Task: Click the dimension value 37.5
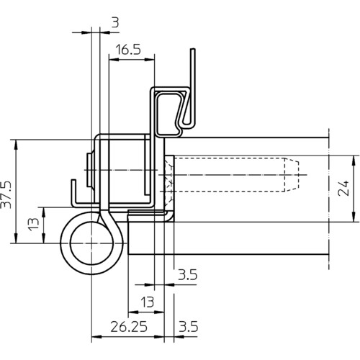tap(6, 194)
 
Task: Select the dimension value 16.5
tap(128, 50)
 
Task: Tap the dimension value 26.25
tap(129, 327)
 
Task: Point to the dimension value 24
tap(343, 188)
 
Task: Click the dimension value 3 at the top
tap(115, 22)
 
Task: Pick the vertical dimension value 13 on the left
tap(33, 224)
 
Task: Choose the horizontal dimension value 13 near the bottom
tap(147, 302)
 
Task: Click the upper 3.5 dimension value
tap(187, 275)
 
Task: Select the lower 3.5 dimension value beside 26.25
tap(189, 327)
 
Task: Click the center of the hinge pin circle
tap(91, 243)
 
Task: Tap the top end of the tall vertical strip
tap(193, 49)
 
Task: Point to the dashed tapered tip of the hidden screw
tap(292, 175)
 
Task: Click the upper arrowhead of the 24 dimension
tap(354, 160)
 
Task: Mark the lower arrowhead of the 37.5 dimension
tap(16, 238)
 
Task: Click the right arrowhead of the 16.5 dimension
tap(150, 60)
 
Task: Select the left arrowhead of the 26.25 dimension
tap(96, 337)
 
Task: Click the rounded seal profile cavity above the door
tap(169, 113)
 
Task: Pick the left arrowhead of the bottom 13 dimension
tap(133, 312)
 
